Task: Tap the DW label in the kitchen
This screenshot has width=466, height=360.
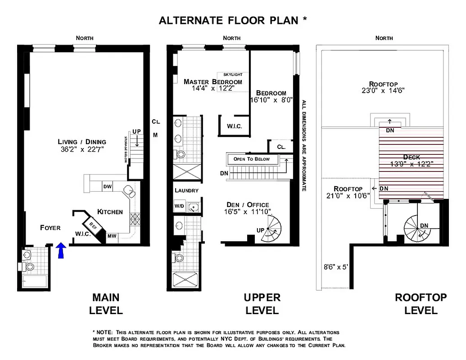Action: coord(107,186)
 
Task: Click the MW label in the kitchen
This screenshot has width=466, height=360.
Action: coord(112,236)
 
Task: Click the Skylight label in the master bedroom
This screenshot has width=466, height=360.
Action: coord(233,74)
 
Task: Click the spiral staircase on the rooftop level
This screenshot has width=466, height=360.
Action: coord(417,228)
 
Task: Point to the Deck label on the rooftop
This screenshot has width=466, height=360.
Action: coord(412,157)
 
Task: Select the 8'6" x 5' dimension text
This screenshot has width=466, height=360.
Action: coord(336,266)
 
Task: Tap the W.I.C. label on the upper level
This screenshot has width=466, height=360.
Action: coord(234,126)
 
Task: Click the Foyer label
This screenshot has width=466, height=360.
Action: coord(50,228)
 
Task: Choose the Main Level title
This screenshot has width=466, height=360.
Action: coord(106,304)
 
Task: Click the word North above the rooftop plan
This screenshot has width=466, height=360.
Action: coord(384,38)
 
